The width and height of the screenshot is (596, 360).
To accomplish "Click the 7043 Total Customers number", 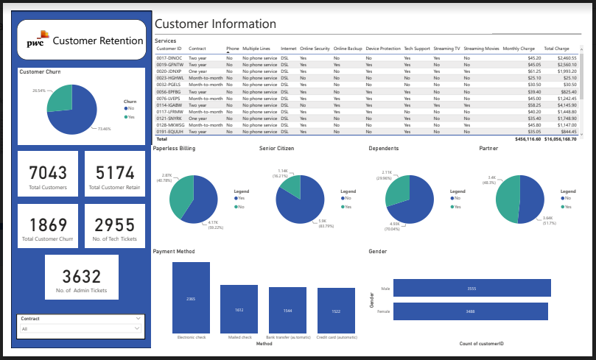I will point(49,173).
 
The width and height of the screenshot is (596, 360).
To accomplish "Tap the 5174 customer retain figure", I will point(114,173).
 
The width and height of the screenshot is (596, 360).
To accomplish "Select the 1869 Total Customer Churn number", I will point(49,225).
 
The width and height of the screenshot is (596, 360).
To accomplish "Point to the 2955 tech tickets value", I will point(114,225).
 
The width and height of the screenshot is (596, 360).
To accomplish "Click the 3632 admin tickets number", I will point(82,277).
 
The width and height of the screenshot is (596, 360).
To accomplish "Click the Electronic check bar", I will point(191,298).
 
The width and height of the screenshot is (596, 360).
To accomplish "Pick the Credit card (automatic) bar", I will point(336,311).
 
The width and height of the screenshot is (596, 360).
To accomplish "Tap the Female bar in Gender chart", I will point(471,311).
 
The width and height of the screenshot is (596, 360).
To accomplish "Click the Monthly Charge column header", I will point(519,48).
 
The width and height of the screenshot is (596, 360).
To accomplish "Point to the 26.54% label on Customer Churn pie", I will point(40,90).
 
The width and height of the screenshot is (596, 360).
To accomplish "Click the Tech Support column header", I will point(416,48).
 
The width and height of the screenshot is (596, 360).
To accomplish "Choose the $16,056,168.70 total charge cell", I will point(560,138).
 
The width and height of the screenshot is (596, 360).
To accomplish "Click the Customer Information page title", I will point(215,24).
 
